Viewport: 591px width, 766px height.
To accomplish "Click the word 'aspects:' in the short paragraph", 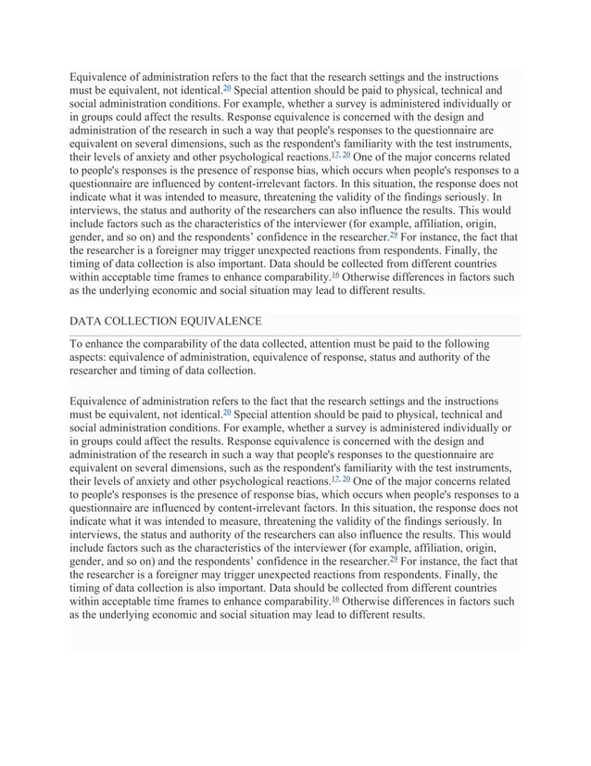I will click(93, 357).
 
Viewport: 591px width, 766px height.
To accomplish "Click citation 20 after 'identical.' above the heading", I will click(228, 88).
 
